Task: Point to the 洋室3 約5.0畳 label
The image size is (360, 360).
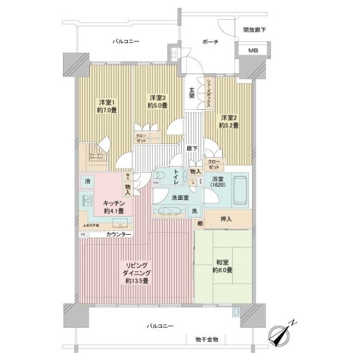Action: point(158,101)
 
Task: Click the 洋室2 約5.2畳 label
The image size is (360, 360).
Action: point(229,122)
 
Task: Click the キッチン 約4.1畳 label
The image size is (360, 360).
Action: point(113,207)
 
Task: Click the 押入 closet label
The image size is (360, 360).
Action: point(225,219)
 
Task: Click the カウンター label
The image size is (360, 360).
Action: point(120,234)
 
